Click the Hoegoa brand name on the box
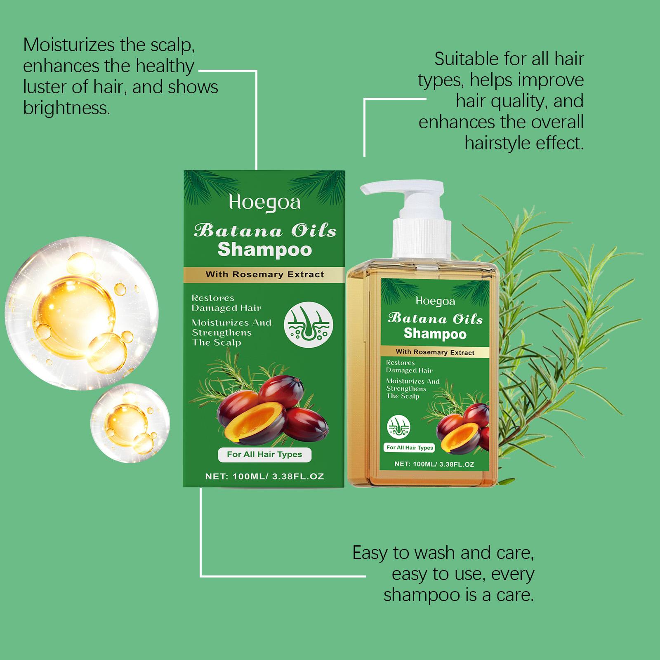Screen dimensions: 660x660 pos(264,203)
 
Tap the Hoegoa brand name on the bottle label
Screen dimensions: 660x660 pos(435,302)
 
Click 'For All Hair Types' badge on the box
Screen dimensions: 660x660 pos(264,455)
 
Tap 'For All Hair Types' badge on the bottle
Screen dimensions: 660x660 pos(410,448)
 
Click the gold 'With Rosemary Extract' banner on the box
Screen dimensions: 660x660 pos(264,274)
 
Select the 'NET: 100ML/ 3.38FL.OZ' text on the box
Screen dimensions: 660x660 pos(264,476)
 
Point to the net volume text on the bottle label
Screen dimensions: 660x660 pos(434,464)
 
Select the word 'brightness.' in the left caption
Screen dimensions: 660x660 pos(67,108)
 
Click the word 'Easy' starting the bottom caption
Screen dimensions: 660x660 pos(370,553)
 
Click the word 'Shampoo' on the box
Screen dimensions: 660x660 pos(264,250)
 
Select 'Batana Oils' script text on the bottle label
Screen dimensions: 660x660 pos(435,319)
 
